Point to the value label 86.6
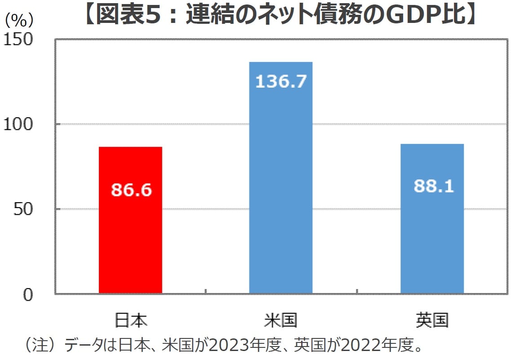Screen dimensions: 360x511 coord(131,190)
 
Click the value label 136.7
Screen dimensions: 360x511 coord(281,81)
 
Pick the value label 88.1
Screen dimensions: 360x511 coord(434,186)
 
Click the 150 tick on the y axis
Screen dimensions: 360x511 coord(18,40)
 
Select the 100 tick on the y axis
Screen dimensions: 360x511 coord(18,124)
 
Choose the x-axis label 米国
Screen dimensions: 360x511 coord(281,320)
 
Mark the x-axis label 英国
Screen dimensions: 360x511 coord(432,320)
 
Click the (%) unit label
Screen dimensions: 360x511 coord(19,21)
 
